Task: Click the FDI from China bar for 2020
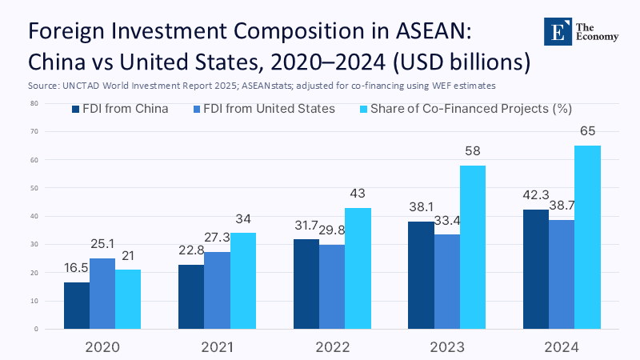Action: coord(77,306)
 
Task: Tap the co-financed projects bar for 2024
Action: coord(587,237)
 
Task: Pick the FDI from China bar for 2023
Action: coord(421,275)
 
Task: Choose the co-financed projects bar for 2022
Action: coord(358,268)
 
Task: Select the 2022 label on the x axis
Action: coord(332,347)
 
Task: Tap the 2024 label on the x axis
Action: coord(562,347)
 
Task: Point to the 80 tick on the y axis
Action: coord(34,104)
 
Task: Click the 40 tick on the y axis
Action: coord(34,217)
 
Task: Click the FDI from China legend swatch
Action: coord(76,109)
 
